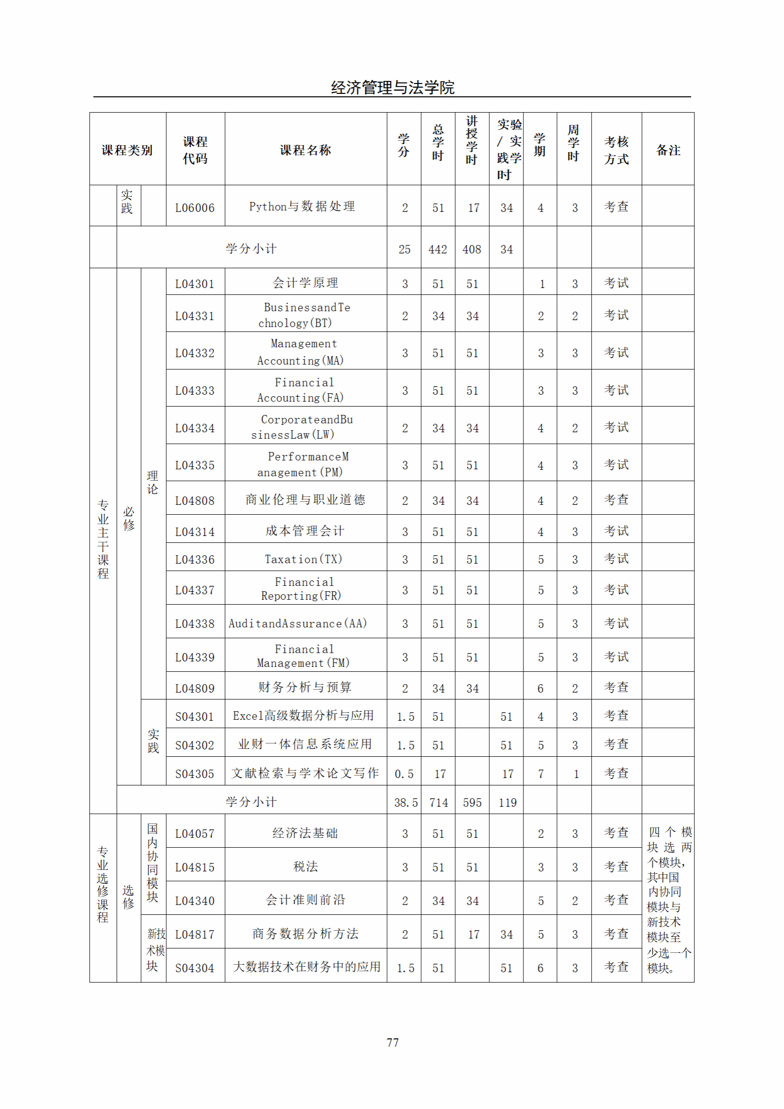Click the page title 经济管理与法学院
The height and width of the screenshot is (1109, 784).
coord(392,88)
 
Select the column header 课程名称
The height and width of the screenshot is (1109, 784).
coord(305,150)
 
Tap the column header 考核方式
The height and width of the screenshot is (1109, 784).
coord(616,150)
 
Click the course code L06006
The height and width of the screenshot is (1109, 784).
coord(195,208)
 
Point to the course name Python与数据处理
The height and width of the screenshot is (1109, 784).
coord(302,206)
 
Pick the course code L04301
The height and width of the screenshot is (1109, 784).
coord(195,284)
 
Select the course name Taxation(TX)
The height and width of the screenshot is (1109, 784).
coord(304,559)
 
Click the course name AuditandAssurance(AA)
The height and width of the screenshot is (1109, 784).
coord(298,623)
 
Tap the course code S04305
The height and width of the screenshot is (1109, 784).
coord(195,774)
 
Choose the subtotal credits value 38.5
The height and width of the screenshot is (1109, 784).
coord(405,803)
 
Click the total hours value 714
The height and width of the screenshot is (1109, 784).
coord(438,803)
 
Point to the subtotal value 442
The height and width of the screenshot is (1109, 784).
coord(437,249)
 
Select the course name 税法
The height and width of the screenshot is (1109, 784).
coord(305,866)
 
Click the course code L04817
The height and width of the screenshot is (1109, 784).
coord(195,934)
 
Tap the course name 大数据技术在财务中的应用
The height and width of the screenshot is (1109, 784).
coord(306,967)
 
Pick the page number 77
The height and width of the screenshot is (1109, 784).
coord(392,1042)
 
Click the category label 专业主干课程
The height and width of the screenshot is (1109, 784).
coord(103,539)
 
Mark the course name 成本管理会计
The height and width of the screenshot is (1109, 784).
coord(305,531)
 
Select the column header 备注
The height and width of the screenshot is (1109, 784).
coord(668,150)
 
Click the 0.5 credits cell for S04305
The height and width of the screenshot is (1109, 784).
coord(404,774)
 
